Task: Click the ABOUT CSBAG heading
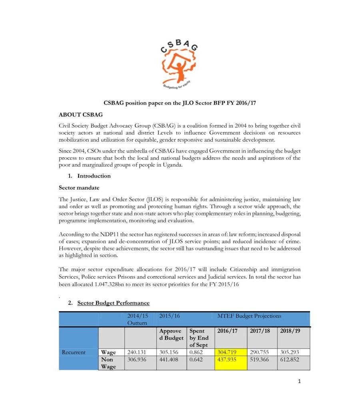81,115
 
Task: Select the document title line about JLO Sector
180,103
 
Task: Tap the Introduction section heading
94,176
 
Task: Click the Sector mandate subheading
79,187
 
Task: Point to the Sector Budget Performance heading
113,303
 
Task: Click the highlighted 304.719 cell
226,352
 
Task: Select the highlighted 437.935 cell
226,360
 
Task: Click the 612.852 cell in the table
290,360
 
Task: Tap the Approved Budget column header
171,335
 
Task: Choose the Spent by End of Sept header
200,338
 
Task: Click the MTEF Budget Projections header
249,316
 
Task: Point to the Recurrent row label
74,352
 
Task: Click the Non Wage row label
108,363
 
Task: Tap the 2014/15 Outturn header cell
138,319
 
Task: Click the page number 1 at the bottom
299,381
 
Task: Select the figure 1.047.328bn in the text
111,284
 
